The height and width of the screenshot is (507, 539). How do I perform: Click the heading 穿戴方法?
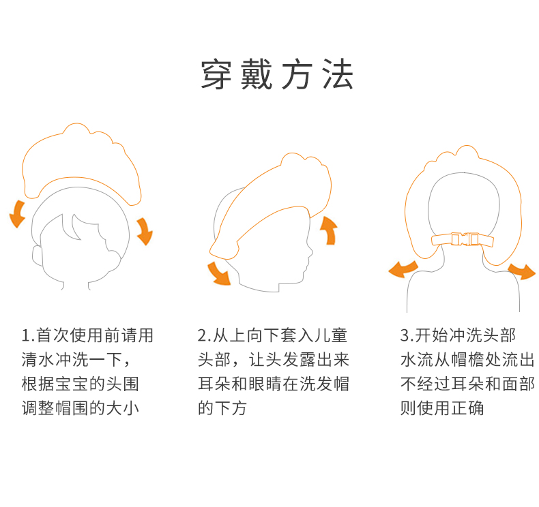[x=276, y=75]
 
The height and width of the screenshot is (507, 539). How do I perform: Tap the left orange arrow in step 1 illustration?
[x=17, y=213]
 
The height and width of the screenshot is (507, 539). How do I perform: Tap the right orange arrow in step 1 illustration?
[x=144, y=230]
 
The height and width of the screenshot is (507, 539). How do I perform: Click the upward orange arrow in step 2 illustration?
[x=329, y=230]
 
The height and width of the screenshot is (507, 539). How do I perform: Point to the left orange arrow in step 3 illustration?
[x=403, y=268]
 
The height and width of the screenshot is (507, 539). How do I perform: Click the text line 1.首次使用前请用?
[x=87, y=335]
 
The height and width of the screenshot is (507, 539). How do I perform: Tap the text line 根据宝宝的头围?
[x=80, y=384]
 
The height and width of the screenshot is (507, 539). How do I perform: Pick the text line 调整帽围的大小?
[x=80, y=409]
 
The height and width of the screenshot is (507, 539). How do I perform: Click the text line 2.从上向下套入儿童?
[x=273, y=335]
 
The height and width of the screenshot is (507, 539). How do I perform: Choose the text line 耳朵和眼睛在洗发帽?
[x=273, y=384]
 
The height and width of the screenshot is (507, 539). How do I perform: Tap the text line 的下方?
[x=222, y=409]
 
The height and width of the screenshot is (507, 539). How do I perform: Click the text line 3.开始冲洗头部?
[x=458, y=335]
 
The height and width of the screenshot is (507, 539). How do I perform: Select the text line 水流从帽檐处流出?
[x=467, y=360]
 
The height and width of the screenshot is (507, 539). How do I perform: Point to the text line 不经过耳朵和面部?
[x=467, y=384]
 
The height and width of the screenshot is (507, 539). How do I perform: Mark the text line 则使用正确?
[x=441, y=409]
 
